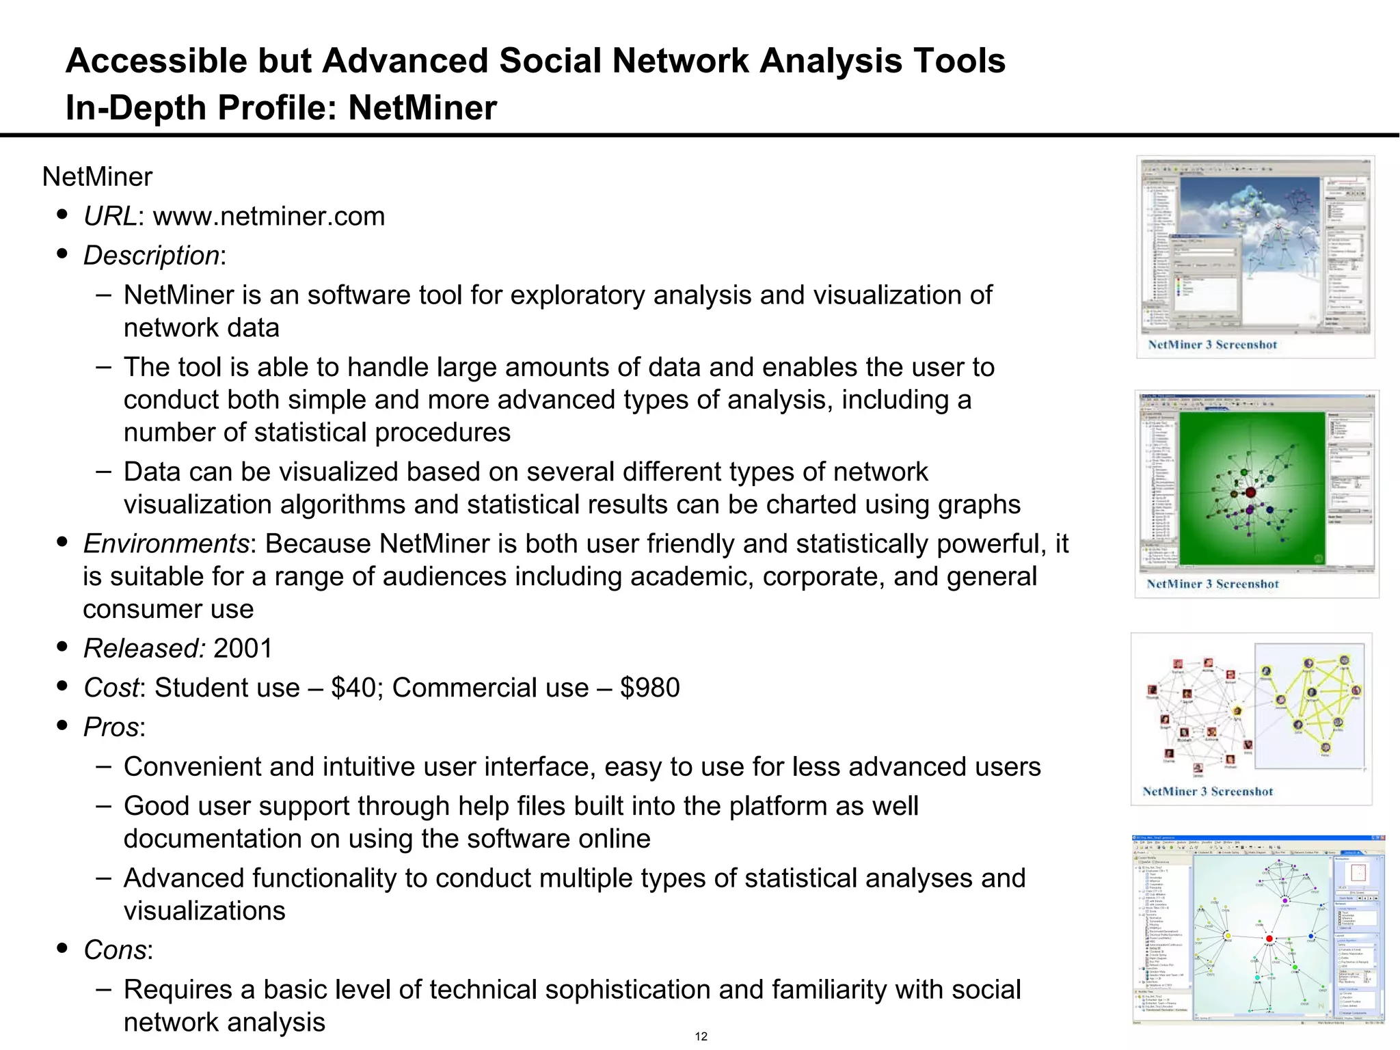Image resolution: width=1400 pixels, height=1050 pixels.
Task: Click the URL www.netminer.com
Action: [269, 217]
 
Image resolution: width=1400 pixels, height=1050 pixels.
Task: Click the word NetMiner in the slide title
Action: [422, 108]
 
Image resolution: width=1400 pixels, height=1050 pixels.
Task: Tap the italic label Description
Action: [151, 256]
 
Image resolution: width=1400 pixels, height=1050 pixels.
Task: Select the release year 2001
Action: [243, 648]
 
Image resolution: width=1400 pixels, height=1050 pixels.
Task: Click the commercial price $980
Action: [649, 688]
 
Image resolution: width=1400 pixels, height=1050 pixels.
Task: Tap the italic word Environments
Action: [166, 544]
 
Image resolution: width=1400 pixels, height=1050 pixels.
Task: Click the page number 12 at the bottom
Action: [701, 1036]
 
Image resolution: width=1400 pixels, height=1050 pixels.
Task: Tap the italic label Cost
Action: [111, 688]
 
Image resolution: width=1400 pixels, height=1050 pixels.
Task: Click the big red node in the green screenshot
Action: [1250, 492]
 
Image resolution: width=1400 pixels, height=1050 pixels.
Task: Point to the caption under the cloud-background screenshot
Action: [1212, 345]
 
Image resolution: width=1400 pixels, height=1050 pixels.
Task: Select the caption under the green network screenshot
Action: [1212, 584]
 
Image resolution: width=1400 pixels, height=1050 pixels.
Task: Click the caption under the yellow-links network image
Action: [1207, 792]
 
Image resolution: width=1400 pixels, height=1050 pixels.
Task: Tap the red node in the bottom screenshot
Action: [1269, 939]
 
